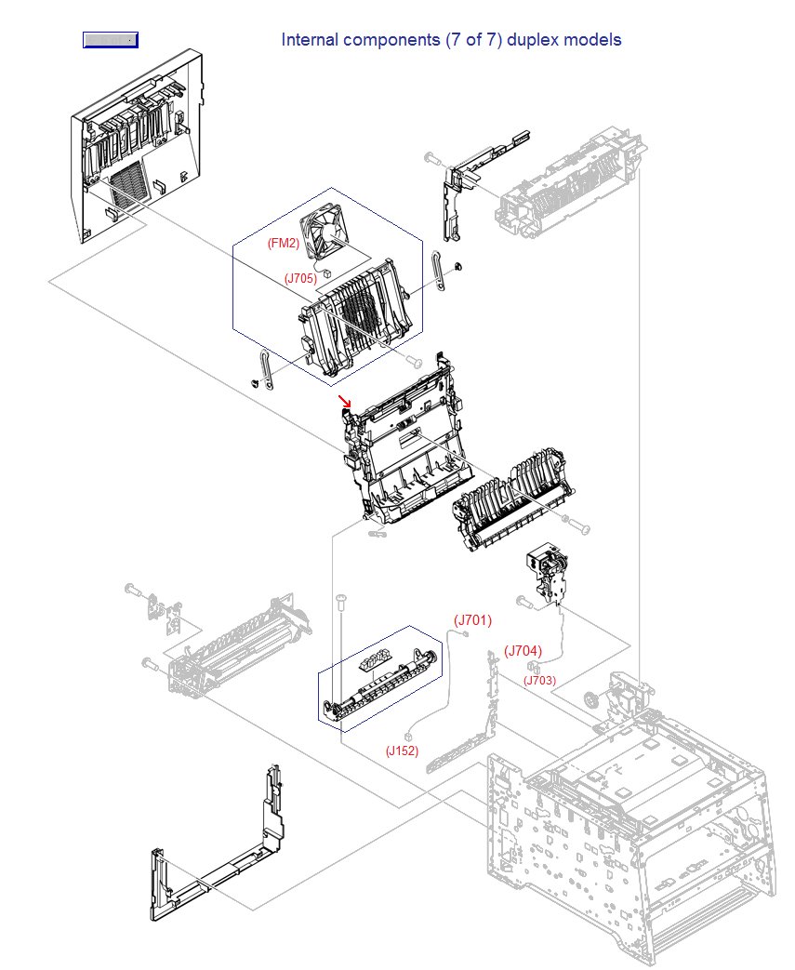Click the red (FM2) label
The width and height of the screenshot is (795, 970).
click(x=283, y=244)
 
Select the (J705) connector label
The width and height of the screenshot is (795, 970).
click(x=301, y=277)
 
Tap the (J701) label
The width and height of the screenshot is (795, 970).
click(x=472, y=620)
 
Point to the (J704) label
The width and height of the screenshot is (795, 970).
click(x=523, y=651)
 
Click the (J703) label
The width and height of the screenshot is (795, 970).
click(x=539, y=680)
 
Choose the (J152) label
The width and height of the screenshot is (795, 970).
click(x=403, y=751)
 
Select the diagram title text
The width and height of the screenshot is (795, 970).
click(x=451, y=40)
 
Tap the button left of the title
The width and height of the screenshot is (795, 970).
click(x=110, y=40)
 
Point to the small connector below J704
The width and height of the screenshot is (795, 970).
click(x=533, y=667)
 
